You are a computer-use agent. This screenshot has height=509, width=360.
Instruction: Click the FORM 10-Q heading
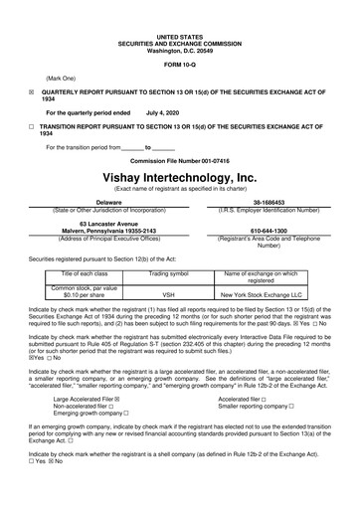179,65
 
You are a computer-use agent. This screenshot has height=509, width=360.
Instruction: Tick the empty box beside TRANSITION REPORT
31,128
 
